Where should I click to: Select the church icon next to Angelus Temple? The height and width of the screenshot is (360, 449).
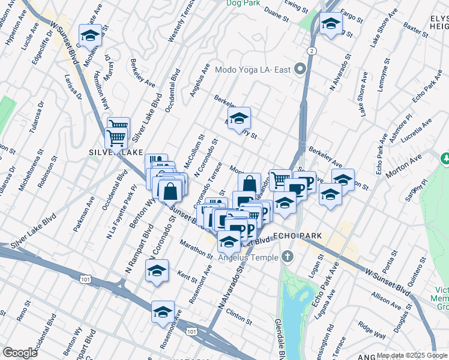[x=287, y=257]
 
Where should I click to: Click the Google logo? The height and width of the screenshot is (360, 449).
[x=20, y=353]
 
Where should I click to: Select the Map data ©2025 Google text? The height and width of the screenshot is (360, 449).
[x=412, y=355]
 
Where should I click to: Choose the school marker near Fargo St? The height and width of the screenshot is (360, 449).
[x=330, y=25]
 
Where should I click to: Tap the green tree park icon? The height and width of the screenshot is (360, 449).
[x=445, y=158]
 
